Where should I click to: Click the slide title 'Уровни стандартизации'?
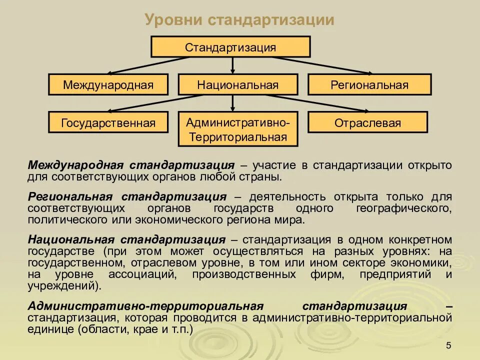(239, 19)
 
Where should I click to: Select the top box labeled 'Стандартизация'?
(230, 47)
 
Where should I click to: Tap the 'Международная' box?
(108, 84)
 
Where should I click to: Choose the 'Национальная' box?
(237, 84)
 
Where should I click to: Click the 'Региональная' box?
(369, 84)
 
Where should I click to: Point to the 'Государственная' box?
(108, 122)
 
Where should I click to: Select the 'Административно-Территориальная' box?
(237, 129)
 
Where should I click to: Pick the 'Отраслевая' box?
(367, 122)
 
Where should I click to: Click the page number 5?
(448, 346)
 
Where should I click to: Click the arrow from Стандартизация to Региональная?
(320, 65)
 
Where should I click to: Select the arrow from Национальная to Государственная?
(150, 103)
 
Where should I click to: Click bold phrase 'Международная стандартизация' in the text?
(131, 165)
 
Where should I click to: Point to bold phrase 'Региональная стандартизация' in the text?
(127, 196)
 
